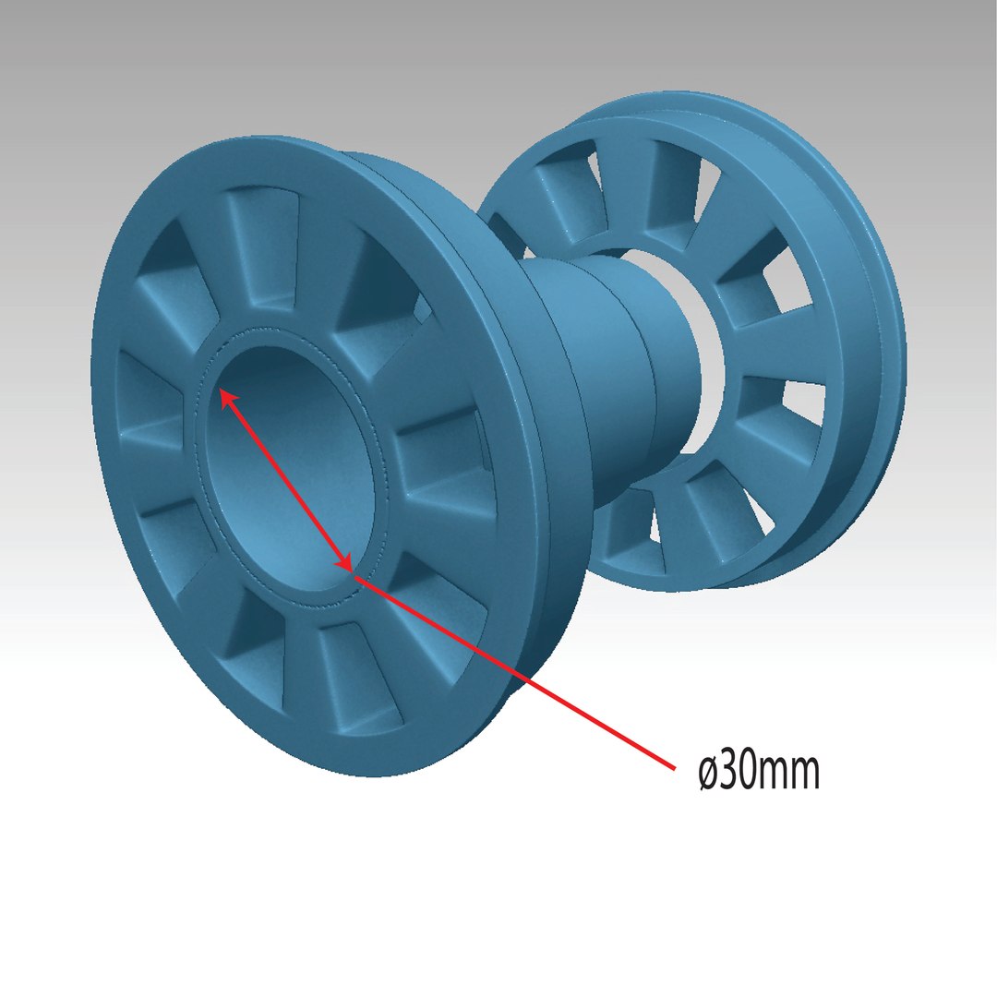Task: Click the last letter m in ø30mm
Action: click(x=804, y=775)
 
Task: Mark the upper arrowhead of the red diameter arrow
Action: click(x=224, y=396)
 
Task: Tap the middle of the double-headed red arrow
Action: click(x=286, y=480)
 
